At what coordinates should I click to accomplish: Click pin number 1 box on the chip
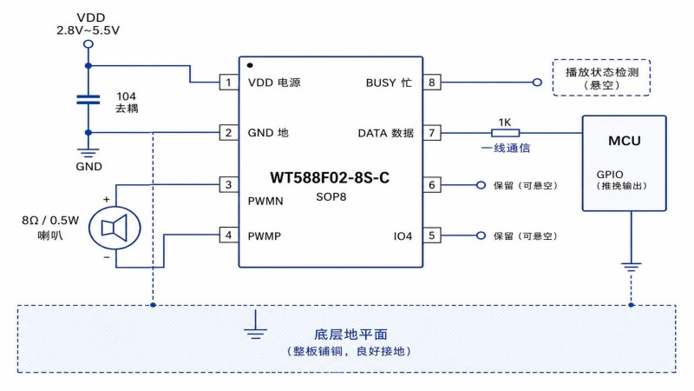229,82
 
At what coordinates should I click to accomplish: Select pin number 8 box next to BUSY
431,82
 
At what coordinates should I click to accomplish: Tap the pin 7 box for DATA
431,133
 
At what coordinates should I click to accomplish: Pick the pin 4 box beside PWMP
229,235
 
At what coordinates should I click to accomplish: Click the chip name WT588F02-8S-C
330,178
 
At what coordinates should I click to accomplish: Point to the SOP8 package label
331,197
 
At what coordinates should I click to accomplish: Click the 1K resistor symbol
505,133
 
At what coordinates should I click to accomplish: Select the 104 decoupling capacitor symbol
88,100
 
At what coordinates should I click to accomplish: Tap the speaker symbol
115,229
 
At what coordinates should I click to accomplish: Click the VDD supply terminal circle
88,44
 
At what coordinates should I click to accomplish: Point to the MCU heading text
625,141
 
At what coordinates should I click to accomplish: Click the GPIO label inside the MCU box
610,175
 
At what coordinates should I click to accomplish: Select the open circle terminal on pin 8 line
537,82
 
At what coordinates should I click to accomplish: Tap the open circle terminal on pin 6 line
481,185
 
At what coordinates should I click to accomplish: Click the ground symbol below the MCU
632,266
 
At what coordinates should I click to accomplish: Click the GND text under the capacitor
89,167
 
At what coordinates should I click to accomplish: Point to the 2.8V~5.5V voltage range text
88,30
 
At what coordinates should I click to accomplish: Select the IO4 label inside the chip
403,236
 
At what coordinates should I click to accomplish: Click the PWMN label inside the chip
265,201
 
